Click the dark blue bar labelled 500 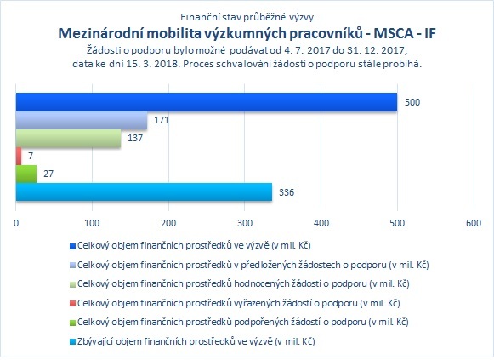tap(207, 102)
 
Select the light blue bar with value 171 tap(82, 120)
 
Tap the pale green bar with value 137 tap(68, 138)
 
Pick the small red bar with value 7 tap(19, 156)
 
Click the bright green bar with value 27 tap(26, 174)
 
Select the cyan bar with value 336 tap(144, 192)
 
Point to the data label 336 tap(287, 192)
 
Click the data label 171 tap(162, 120)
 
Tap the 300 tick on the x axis tap(245, 223)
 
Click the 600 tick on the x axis tap(474, 223)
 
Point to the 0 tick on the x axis tap(16, 223)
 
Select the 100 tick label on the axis tap(93, 223)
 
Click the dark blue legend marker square tap(72, 246)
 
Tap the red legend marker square tap(72, 304)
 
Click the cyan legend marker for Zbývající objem tap(72, 342)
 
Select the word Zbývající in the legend tap(95, 341)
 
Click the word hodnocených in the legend tap(246, 283)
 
